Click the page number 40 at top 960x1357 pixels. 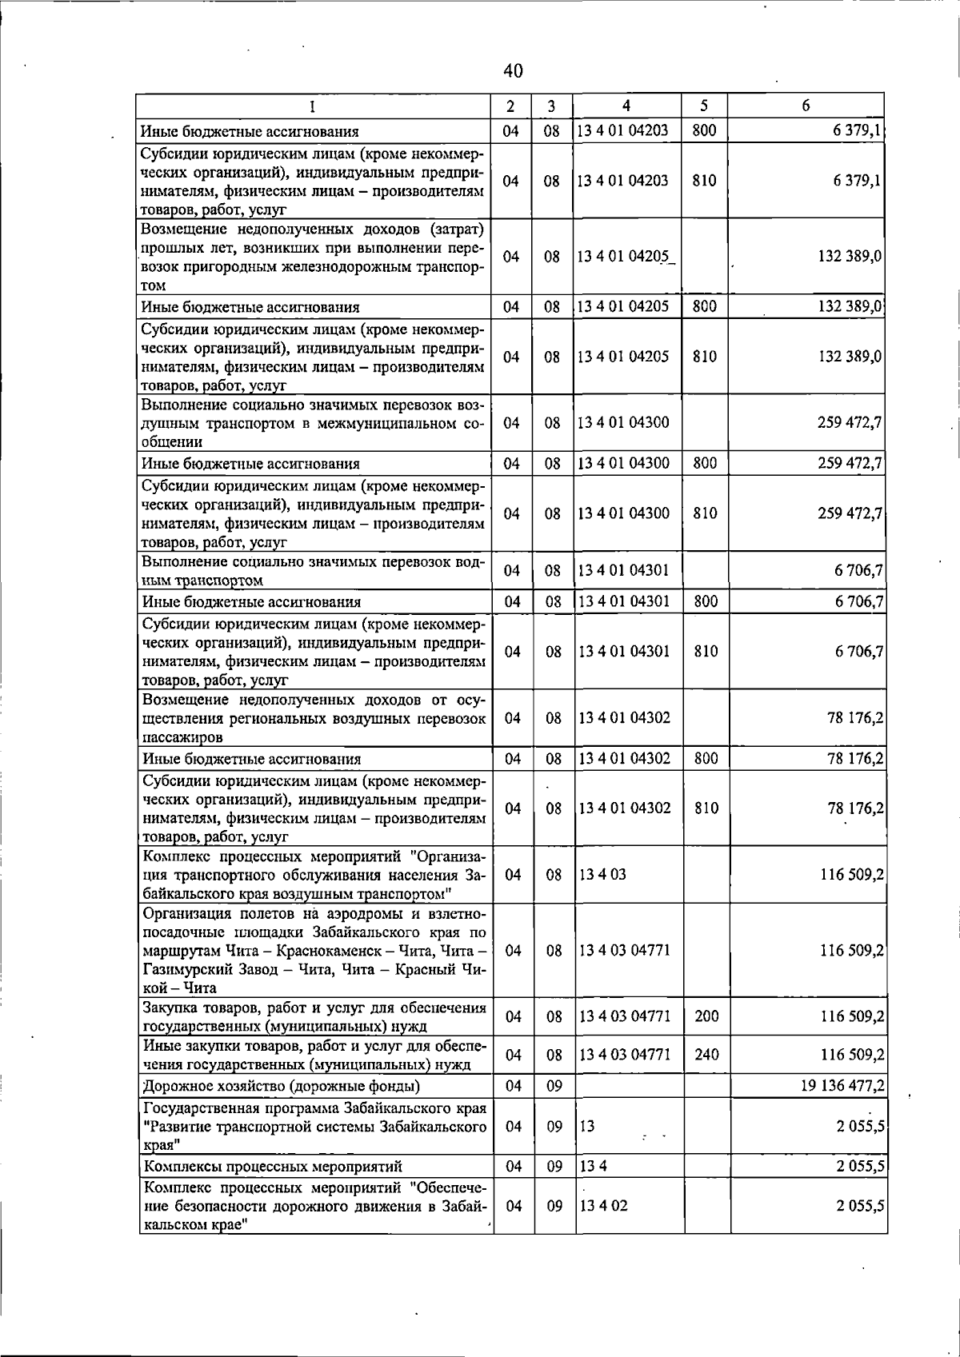[x=513, y=71]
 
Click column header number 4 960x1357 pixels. [x=626, y=106]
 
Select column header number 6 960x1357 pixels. [x=806, y=106]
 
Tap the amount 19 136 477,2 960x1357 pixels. [x=841, y=1085]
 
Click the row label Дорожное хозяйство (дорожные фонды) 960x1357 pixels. [x=281, y=1086]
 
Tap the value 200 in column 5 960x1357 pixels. [x=706, y=1016]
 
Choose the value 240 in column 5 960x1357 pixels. [x=706, y=1055]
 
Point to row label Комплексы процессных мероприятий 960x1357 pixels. [x=272, y=1166]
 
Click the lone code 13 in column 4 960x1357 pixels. [x=587, y=1126]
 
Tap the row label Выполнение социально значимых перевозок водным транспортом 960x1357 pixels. [x=314, y=571]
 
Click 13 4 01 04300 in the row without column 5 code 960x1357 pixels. [x=624, y=422]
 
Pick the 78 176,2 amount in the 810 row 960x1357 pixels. [x=855, y=808]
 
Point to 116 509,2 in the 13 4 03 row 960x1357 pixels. [x=852, y=874]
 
